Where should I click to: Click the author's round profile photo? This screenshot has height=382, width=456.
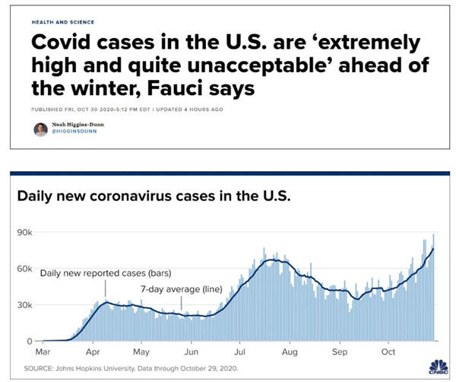tap(40, 129)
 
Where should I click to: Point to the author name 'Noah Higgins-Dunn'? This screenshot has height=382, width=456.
tap(81, 126)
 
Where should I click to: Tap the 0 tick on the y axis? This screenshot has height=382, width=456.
tap(30, 342)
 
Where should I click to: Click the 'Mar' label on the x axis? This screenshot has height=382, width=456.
tap(45, 353)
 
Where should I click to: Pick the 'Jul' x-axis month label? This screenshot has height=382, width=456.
tap(241, 353)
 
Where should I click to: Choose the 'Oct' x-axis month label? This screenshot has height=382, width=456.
tap(389, 353)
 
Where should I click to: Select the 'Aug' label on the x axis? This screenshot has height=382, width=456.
tap(290, 353)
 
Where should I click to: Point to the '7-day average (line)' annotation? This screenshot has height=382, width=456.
tap(181, 289)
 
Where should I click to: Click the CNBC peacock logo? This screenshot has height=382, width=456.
tap(439, 365)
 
